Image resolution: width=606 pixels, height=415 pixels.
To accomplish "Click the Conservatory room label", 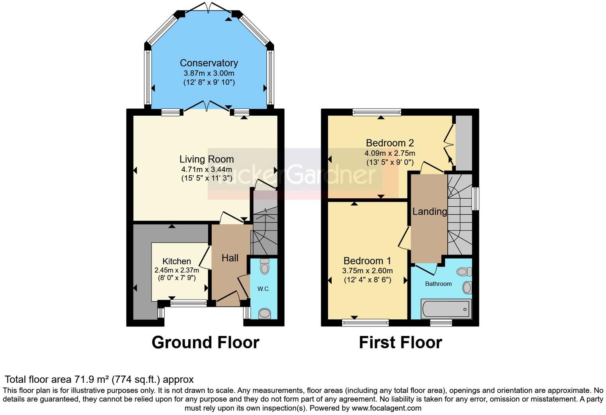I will coord(209,63).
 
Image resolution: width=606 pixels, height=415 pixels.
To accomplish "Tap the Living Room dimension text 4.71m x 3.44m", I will coord(207,169).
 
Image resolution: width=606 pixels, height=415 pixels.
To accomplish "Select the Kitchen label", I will coord(177,261).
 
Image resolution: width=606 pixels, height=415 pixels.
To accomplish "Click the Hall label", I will coord(230,258).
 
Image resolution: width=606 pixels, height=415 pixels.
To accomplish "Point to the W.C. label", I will coord(264,289).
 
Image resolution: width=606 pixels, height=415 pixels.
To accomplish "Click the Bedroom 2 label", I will coord(390,143).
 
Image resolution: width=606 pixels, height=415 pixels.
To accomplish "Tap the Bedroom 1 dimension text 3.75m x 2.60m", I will coord(367,271).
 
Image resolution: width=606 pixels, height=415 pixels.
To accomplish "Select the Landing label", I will coord(429,211).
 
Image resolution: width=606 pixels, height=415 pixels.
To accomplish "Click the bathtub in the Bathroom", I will coord(446,308).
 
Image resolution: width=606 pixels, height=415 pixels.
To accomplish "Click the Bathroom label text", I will coord(438,284).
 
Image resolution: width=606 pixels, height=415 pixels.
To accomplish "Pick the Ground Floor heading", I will coord(205,343).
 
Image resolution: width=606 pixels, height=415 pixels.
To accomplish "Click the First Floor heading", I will coord(400,343).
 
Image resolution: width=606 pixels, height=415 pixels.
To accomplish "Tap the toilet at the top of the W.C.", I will coord(264,266).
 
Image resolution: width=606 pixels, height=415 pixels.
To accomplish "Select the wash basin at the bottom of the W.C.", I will coord(264,313).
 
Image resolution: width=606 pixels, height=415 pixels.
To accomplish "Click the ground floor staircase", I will coord(265,231).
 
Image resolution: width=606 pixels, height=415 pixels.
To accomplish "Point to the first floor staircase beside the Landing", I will coord(460,215).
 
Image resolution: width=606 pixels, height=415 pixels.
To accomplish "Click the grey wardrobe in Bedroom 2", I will coord(464,143).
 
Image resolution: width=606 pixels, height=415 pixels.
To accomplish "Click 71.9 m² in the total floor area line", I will coord(91,379).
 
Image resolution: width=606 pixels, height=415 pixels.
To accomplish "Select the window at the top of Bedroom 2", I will coord(376,113).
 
